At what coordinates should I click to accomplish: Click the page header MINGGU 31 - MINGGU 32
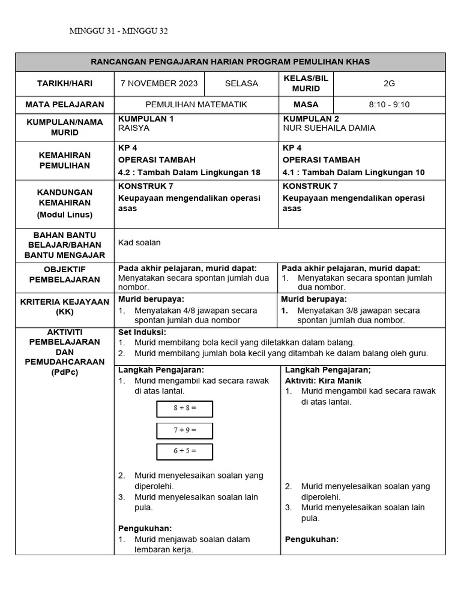(122, 31)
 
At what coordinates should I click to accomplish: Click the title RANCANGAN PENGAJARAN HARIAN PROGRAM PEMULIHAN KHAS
(230, 62)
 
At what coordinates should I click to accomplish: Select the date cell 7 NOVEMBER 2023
(159, 83)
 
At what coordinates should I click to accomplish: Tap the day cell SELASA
(241, 83)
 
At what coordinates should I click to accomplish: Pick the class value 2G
(389, 83)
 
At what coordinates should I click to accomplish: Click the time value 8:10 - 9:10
(389, 104)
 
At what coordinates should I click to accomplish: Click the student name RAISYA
(134, 128)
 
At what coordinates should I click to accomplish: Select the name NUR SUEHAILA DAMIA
(329, 128)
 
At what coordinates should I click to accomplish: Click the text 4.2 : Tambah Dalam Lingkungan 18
(189, 172)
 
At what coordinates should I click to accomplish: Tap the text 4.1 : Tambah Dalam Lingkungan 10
(354, 172)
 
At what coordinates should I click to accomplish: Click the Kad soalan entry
(139, 243)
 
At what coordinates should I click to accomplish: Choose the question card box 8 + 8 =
(185, 409)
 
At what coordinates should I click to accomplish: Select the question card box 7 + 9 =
(185, 431)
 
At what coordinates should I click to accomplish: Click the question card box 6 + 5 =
(185, 452)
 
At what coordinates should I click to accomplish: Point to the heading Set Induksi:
(142, 332)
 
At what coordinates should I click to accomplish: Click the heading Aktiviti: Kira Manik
(323, 380)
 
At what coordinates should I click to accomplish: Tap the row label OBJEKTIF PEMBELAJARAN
(65, 274)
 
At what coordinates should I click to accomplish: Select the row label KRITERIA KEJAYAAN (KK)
(65, 306)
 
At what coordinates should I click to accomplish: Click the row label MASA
(306, 104)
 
